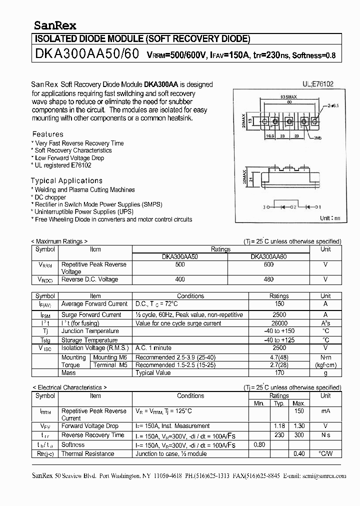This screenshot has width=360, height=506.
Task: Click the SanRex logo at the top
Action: (54, 25)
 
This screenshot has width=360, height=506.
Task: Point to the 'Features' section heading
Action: (47, 134)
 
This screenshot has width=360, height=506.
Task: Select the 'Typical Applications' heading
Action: (66, 180)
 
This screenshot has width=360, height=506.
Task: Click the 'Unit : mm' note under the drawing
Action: (329, 218)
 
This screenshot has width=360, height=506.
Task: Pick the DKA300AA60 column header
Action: (268, 256)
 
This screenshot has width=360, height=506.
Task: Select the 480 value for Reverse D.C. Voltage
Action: (268, 279)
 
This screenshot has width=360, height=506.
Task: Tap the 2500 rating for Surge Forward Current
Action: (279, 314)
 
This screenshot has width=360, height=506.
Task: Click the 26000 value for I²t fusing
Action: (279, 323)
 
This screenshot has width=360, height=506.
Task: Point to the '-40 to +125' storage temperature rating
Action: (279, 339)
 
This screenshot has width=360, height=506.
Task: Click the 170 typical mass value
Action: (279, 372)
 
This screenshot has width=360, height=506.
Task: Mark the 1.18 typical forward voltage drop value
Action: (279, 426)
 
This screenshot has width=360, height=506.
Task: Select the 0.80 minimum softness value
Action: (259, 444)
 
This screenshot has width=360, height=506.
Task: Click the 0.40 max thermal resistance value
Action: (299, 453)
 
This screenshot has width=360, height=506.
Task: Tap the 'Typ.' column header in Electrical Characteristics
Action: (279, 403)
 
